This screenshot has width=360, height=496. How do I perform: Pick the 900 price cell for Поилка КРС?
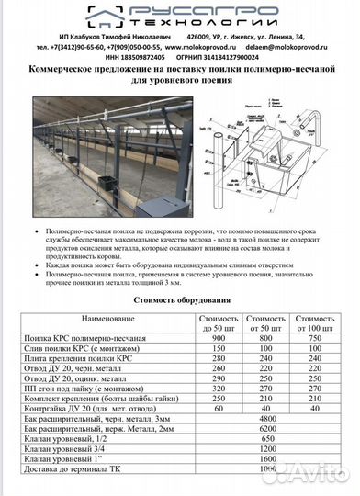pyautogui.click(x=218, y=339)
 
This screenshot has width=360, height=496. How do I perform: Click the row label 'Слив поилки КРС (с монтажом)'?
pyautogui.click(x=82, y=351)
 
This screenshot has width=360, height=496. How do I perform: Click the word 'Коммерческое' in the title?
pyautogui.click(x=67, y=70)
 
